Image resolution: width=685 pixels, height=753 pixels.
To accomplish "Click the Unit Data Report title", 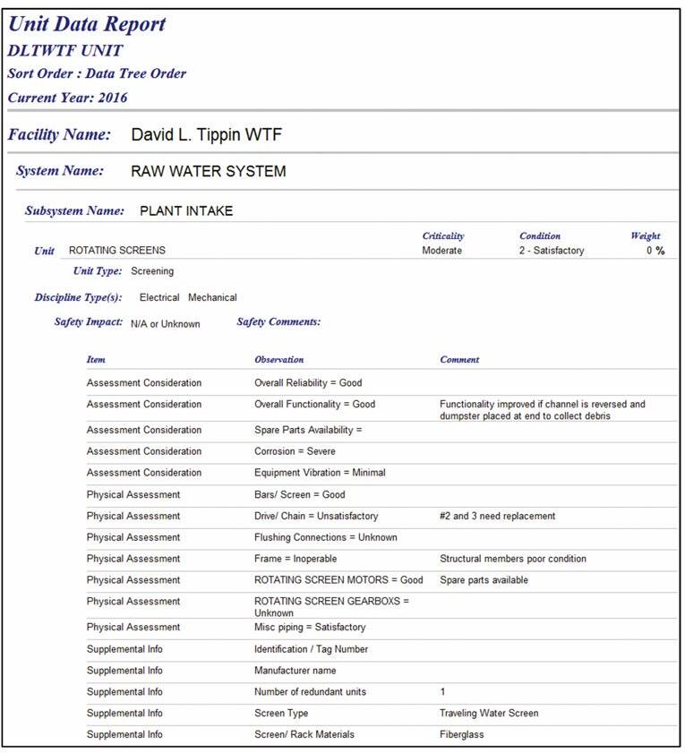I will tap(87, 25).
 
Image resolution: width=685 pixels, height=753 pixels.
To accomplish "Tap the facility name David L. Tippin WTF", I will tap(207, 135).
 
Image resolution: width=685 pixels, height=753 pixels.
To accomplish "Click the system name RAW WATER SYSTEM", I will tap(208, 171).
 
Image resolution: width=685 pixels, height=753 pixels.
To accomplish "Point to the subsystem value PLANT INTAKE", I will tap(186, 211).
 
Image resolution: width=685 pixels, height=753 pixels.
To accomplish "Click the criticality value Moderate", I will tap(441, 251).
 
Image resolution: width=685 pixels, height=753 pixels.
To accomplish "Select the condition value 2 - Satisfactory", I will tap(551, 251).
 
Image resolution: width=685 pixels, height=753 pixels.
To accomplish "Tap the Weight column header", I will tap(645, 236).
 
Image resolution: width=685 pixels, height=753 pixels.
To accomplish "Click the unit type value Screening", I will tap(152, 270).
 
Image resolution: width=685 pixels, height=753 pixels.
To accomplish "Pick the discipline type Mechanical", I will tap(212, 297).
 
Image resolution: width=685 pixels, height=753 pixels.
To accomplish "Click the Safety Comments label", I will tap(278, 322).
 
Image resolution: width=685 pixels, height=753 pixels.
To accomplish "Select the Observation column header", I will tap(278, 360).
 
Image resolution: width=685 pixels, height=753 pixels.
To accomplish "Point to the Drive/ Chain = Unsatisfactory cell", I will tap(316, 516).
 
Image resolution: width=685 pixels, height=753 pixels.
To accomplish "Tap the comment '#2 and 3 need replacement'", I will tap(497, 516).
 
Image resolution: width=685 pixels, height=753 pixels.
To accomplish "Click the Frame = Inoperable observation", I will tap(295, 559).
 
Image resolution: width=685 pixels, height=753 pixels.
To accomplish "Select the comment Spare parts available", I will tap(484, 580).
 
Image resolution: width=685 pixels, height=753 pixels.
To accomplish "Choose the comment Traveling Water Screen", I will tap(489, 714).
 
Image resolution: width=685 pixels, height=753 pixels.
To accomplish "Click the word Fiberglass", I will tap(462, 735).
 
